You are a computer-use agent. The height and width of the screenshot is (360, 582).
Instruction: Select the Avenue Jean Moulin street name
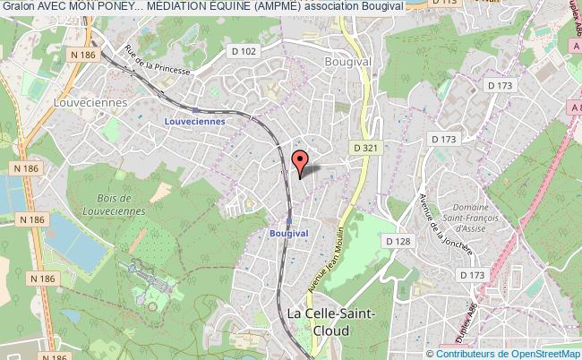click(330, 252)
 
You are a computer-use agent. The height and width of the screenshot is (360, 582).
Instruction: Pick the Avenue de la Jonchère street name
click(445, 224)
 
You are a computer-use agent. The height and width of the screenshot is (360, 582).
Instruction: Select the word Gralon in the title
click(18, 6)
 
